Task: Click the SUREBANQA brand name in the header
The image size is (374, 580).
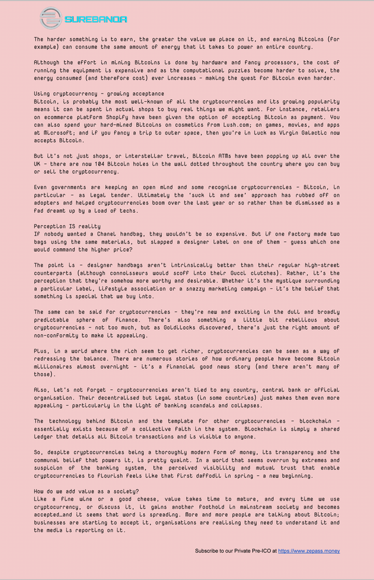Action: pos(96,19)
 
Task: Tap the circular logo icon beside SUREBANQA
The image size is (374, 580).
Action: pos(51,19)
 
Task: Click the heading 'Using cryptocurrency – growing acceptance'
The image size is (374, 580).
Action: pos(99,94)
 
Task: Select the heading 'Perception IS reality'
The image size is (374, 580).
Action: pos(67,226)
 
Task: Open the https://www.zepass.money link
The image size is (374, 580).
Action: pos(309,551)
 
